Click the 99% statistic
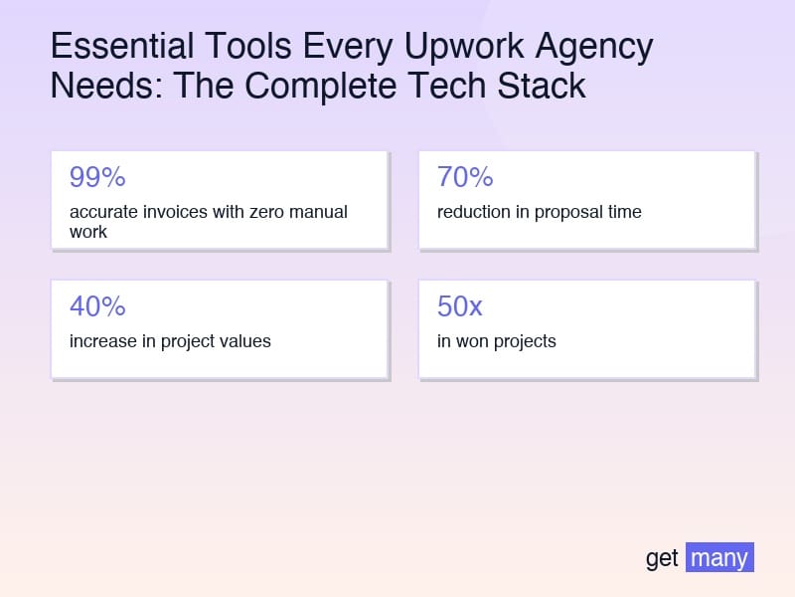(97, 177)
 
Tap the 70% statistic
(465, 177)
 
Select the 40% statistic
(97, 306)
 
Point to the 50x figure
(460, 306)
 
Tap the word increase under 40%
(101, 341)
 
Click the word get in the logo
(662, 558)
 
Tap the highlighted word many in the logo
(719, 557)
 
